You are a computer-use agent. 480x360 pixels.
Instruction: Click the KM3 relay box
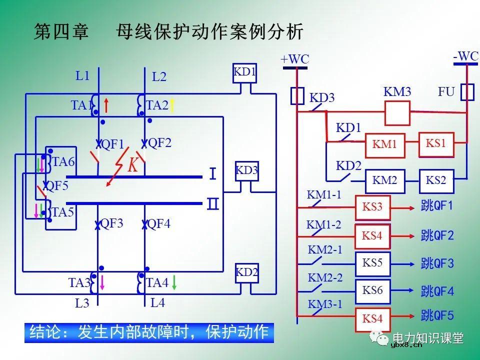(397, 113)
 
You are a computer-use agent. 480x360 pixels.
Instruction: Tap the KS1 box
(435, 143)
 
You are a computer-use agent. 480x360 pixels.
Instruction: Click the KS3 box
(372, 206)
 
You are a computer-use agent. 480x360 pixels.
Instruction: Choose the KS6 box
(372, 289)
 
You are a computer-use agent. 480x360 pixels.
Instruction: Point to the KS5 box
(372, 262)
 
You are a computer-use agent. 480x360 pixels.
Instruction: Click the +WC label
(295, 59)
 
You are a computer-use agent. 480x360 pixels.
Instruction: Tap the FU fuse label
(446, 92)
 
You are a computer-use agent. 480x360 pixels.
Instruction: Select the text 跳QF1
(437, 206)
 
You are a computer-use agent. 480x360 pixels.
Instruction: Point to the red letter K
(132, 165)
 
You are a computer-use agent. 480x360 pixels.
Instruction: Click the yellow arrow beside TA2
(172, 105)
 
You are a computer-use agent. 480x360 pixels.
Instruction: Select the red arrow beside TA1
(106, 105)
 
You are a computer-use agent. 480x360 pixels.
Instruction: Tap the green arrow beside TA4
(174, 282)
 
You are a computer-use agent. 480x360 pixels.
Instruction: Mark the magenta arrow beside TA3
(102, 282)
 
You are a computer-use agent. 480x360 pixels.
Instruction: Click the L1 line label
(82, 76)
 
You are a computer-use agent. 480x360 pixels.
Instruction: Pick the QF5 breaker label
(56, 186)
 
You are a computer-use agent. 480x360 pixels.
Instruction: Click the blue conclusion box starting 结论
(149, 332)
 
